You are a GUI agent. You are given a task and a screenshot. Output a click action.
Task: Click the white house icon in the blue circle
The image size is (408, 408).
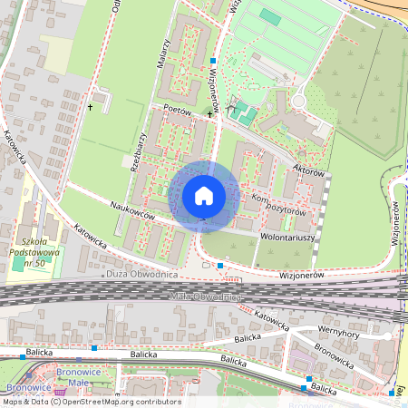tap(204, 195)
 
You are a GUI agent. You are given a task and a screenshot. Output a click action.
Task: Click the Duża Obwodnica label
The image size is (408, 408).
tap(141, 273)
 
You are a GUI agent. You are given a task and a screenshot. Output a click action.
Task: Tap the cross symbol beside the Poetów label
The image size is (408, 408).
tap(209, 114)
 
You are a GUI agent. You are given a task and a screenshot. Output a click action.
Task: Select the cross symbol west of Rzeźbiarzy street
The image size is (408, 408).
tap(91, 108)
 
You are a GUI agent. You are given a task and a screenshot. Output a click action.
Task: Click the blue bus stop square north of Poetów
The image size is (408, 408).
tap(212, 62)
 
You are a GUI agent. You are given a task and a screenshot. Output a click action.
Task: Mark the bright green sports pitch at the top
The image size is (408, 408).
tap(270, 17)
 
